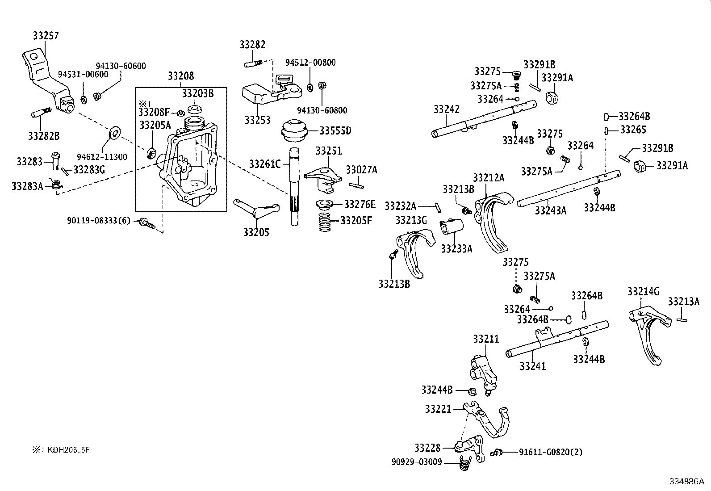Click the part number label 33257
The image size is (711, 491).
(46, 36)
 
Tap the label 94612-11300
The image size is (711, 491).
(102, 157)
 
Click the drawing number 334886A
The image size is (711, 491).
(686, 482)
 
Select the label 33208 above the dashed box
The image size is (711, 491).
(181, 76)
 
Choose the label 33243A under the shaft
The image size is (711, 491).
(550, 210)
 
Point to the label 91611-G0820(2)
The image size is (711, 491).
(551, 452)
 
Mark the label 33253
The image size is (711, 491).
(257, 120)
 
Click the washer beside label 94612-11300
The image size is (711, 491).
(114, 133)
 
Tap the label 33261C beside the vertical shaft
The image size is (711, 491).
(265, 164)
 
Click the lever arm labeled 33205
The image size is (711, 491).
(257, 209)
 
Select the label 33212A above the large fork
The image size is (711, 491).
(489, 178)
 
